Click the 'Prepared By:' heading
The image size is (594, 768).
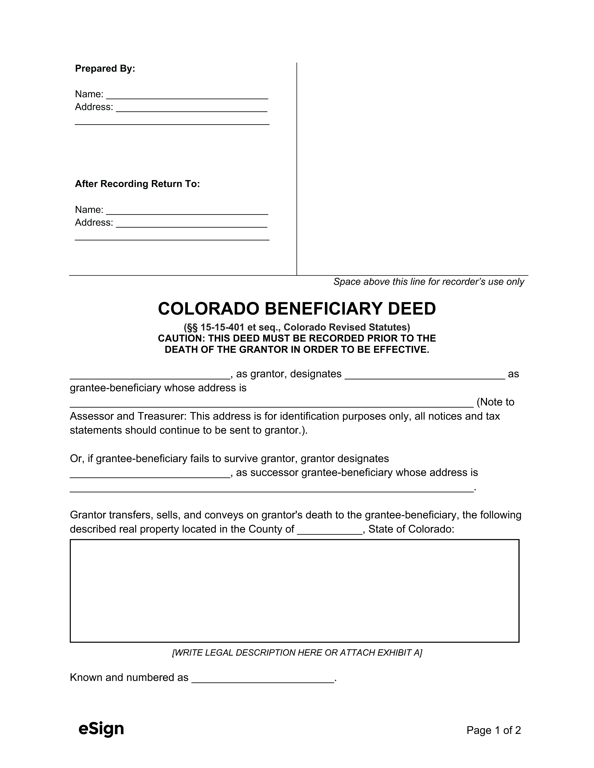[105, 69]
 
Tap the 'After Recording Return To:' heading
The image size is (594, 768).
[137, 184]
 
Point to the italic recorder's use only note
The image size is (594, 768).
[429, 282]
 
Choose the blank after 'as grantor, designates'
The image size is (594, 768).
[425, 375]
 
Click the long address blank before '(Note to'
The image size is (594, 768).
[271, 403]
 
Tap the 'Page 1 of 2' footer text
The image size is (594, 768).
[493, 730]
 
